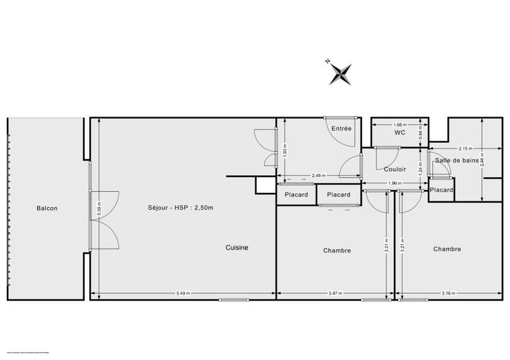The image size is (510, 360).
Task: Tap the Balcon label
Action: click(47, 208)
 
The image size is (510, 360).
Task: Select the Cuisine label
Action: click(237, 248)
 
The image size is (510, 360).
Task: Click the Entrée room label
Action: click(341, 129)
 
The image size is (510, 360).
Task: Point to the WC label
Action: click(400, 133)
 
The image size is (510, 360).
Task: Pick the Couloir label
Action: click(395, 169)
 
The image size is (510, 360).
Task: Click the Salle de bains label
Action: click(456, 161)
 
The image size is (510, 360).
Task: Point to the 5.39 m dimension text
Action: click(97, 208)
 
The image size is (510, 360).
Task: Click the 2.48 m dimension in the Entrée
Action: click(319, 176)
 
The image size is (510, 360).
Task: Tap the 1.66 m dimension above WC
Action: click(400, 125)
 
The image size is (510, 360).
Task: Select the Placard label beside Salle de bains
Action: click(441, 190)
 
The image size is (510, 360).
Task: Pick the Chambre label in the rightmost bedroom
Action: click(447, 249)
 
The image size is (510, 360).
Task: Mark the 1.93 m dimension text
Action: click(286, 151)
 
